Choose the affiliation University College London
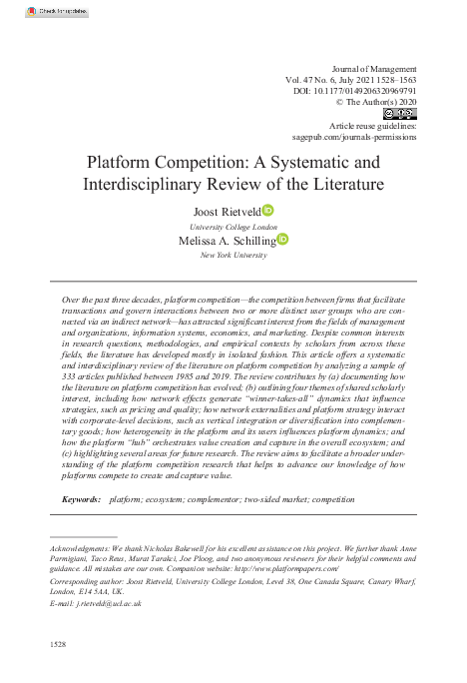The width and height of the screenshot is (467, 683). [233, 226]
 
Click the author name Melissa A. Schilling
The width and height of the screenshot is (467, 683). [227, 241]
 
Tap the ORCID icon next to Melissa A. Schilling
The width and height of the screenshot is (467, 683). [282, 240]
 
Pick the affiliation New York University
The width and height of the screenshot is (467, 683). [233, 256]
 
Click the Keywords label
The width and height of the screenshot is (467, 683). [82, 497]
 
